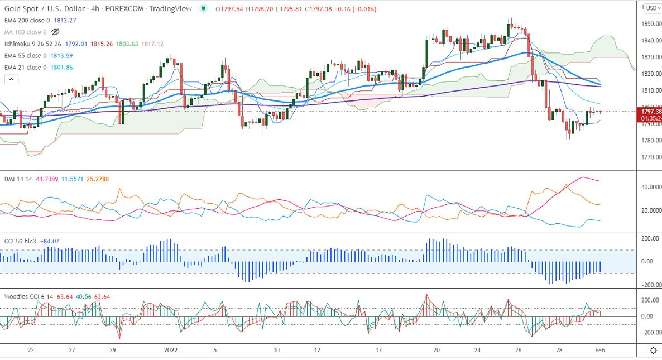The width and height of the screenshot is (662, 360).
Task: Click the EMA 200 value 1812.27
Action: pyautogui.click(x=65, y=20)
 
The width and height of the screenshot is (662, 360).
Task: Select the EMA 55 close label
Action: pyautogui.click(x=25, y=56)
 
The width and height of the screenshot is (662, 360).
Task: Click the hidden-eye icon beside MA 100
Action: pyautogui.click(x=55, y=32)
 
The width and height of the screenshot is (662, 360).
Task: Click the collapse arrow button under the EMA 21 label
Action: pyautogui.click(x=11, y=79)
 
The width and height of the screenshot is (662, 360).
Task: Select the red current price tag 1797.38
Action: pyautogui.click(x=649, y=112)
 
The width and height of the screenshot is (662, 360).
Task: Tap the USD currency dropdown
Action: pyautogui.click(x=651, y=8)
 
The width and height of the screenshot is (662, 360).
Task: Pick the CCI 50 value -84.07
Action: pyautogui.click(x=49, y=241)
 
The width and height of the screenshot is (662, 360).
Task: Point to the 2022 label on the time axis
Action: pyautogui.click(x=171, y=351)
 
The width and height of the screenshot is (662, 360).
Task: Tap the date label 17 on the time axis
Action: pyautogui.click(x=378, y=351)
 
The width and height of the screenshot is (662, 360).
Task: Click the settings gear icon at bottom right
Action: pyautogui.click(x=653, y=351)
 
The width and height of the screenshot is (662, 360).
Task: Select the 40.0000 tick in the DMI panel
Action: pyautogui.click(x=651, y=187)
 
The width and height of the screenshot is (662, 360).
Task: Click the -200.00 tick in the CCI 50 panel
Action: pyautogui.click(x=650, y=285)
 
